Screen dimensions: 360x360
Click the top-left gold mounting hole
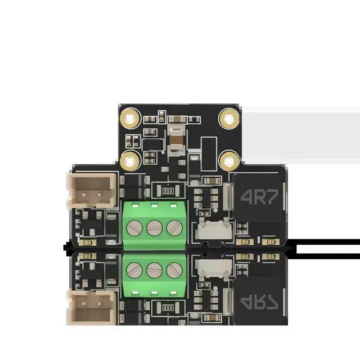(130, 119)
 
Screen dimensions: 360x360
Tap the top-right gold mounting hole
(229, 119)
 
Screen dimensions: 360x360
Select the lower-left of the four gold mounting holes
(130, 161)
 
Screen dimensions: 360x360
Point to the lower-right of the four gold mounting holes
(229, 161)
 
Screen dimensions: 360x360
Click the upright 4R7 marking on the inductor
(259, 197)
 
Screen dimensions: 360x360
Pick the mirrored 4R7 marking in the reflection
(259, 303)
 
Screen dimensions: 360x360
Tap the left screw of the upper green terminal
(134, 228)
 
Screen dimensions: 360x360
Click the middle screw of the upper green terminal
(155, 228)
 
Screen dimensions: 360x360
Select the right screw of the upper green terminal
(174, 228)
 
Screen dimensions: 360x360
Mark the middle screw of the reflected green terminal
(155, 270)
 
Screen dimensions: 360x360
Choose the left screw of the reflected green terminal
(134, 270)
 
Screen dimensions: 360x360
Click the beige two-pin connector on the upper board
(92, 191)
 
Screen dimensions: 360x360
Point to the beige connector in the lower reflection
(92, 308)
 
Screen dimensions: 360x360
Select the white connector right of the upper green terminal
(214, 229)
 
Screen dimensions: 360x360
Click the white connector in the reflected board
(214, 268)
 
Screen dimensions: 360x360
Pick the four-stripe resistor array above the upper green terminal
(168, 191)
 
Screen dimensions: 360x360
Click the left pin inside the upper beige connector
(84, 195)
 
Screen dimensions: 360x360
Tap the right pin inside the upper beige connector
(99, 195)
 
